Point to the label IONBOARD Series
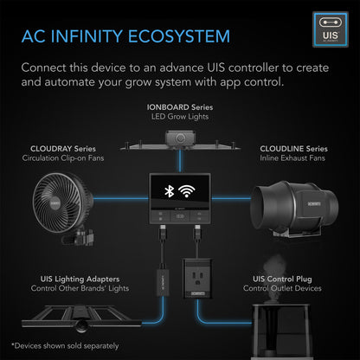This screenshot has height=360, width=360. point(180,106)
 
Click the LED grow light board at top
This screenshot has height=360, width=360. point(180,138)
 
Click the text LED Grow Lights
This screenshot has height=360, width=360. point(180,117)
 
